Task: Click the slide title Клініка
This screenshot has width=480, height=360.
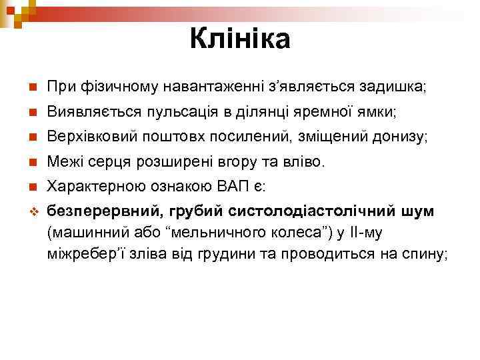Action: tap(240, 39)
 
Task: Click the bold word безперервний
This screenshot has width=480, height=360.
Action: tap(102, 211)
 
